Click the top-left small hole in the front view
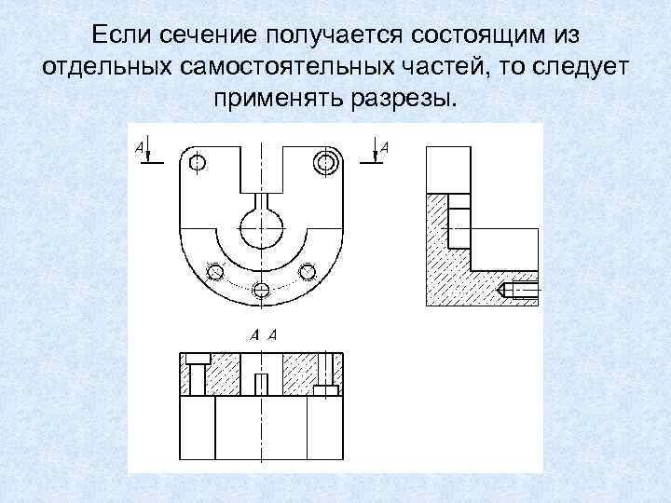[198, 163]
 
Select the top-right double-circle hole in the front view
[325, 163]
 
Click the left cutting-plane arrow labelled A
[149, 152]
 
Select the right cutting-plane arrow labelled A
[375, 152]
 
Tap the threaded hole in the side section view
[520, 290]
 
